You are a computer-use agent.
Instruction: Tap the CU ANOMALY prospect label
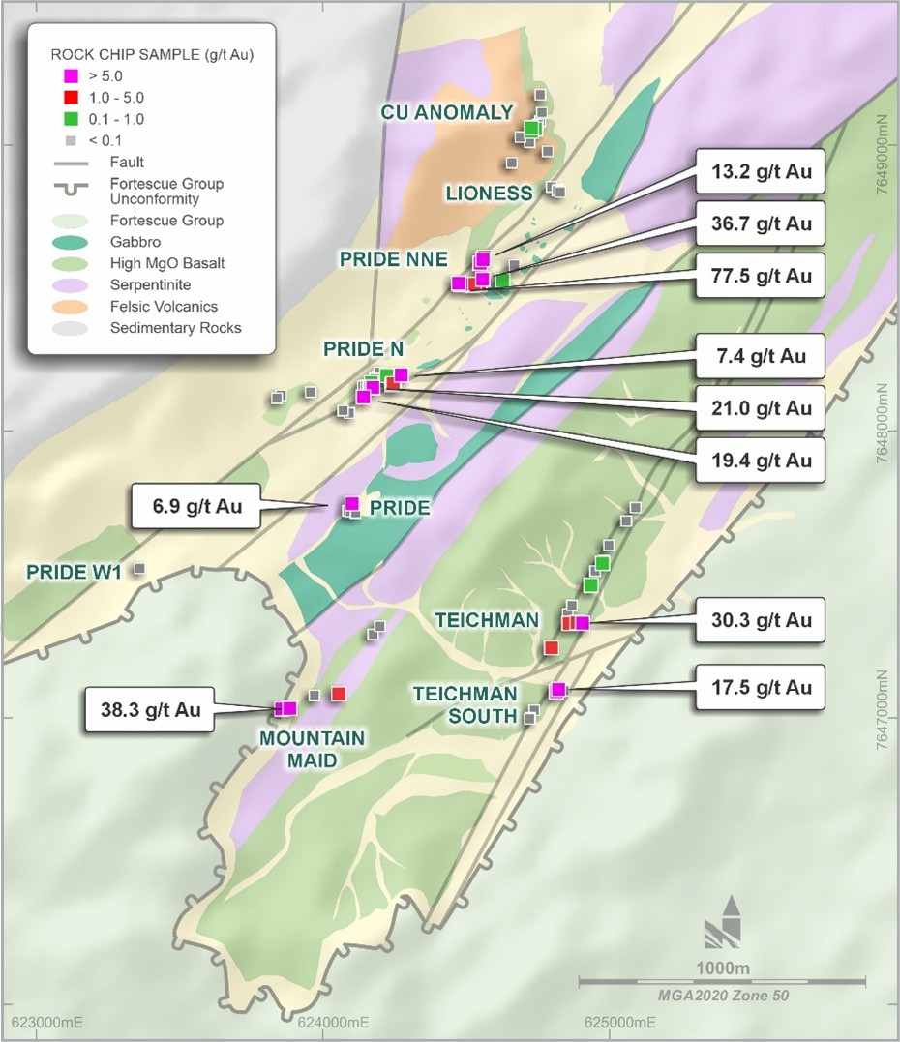coord(446,112)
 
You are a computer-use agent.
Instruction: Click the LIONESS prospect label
coord(489,194)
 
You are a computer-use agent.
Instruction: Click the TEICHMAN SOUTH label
coord(465,705)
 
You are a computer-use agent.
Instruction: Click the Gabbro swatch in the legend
coord(73,242)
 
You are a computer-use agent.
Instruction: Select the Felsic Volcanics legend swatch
coord(73,307)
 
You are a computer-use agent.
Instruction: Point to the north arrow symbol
coord(724,925)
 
